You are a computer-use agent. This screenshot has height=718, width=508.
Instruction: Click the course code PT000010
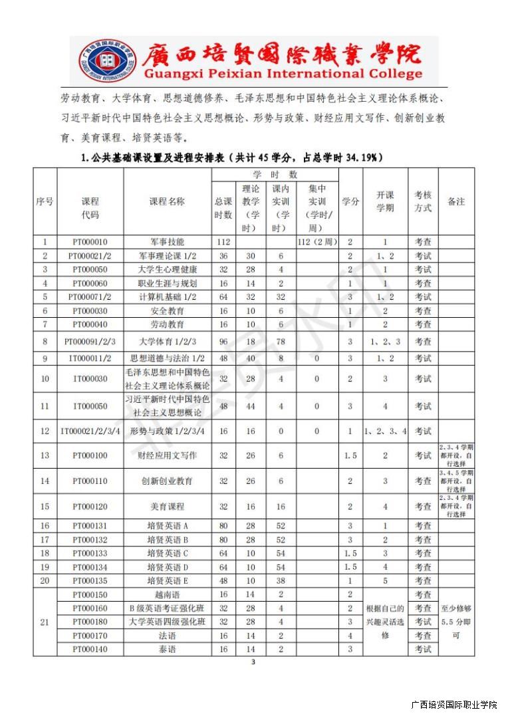90,243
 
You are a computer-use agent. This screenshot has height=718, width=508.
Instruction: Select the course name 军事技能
167,243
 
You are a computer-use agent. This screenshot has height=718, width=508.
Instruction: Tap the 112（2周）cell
316,243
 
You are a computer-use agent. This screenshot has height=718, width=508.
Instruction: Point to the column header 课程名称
167,201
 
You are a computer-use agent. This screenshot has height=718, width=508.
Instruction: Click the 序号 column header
45,201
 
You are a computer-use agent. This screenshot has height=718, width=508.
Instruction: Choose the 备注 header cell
456,201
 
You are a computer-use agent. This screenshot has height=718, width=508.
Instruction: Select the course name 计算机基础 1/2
167,297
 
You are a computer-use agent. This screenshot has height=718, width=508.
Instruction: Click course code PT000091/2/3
90,342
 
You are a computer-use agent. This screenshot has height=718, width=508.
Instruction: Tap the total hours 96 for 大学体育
223,342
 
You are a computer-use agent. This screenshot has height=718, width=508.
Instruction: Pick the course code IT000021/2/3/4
90,431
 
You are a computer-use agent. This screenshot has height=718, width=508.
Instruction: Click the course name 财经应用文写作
167,455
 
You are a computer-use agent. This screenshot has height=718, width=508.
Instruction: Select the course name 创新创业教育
167,481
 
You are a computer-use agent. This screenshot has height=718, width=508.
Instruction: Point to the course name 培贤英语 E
167,580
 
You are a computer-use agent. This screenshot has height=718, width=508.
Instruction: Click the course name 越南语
167,594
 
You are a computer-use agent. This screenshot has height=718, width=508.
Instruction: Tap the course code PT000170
90,636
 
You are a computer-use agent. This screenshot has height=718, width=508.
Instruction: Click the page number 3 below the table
253,662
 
